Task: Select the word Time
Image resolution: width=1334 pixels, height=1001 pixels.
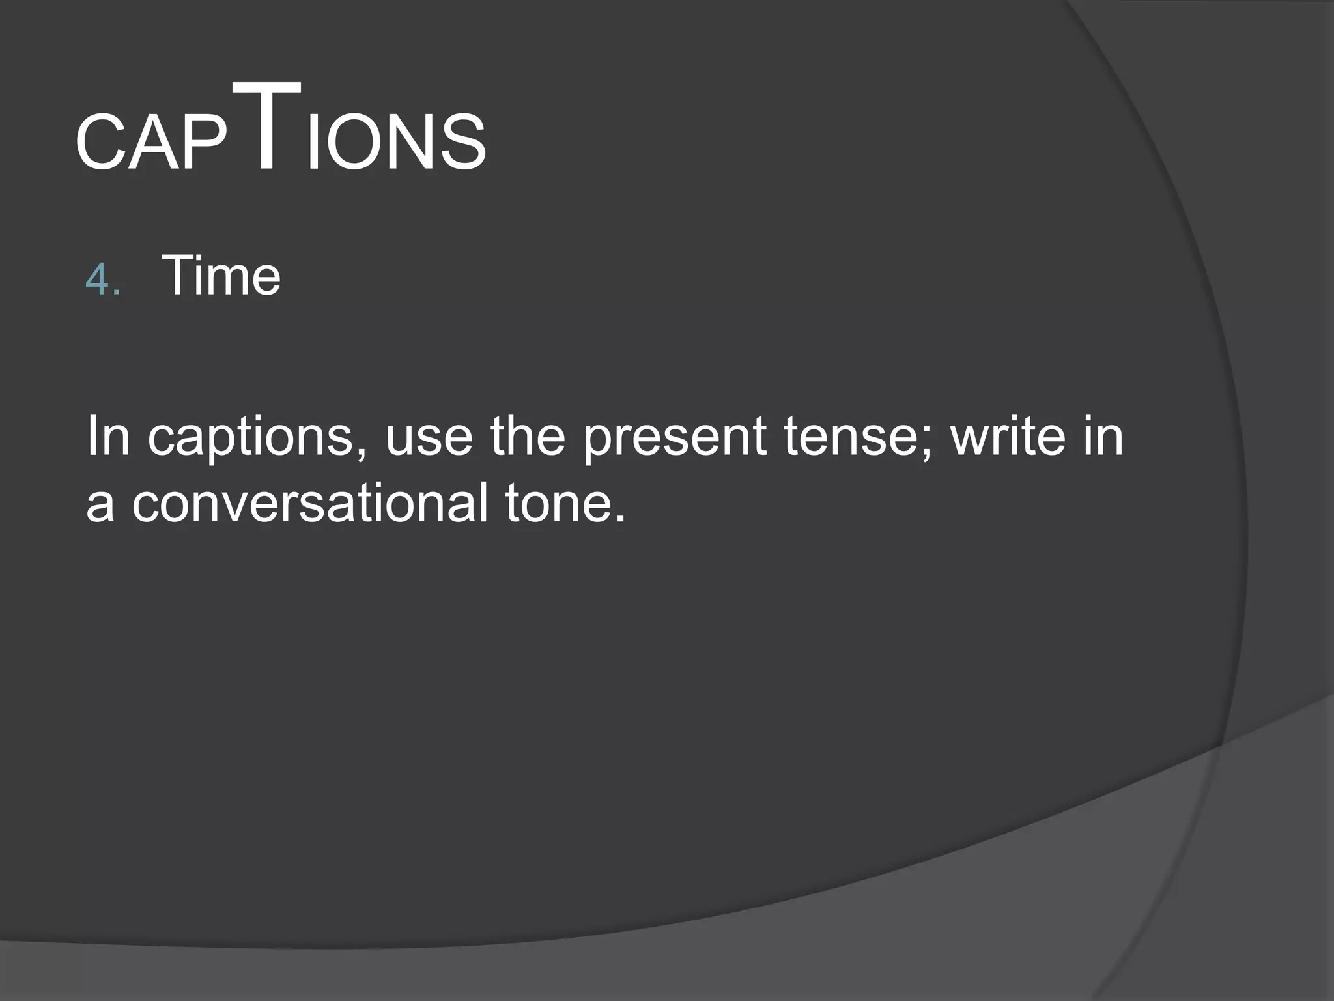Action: click(x=221, y=276)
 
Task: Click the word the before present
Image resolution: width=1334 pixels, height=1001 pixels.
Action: click(x=528, y=436)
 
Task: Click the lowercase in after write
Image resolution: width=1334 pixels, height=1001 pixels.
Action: click(x=1101, y=436)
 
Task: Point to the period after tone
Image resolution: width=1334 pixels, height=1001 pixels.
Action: click(x=619, y=519)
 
